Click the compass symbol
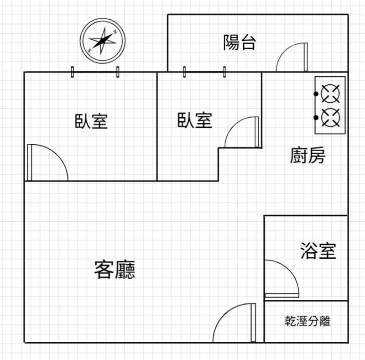pyautogui.click(x=103, y=40)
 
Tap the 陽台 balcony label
pyautogui.click(x=240, y=42)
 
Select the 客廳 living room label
pyautogui.click(x=115, y=270)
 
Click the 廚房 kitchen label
pyautogui.click(x=308, y=156)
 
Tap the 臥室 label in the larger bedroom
pyautogui.click(x=91, y=121)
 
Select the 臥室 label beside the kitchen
pyautogui.click(x=195, y=120)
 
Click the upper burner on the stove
pyautogui.click(x=330, y=94)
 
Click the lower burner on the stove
pyautogui.click(x=330, y=117)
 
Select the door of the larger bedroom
pyautogui.click(x=47, y=162)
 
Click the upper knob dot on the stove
pyautogui.click(x=316, y=94)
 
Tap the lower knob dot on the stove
pyautogui.click(x=316, y=117)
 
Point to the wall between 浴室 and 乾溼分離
pyautogui.click(x=306, y=301)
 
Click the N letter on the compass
pyautogui.click(x=116, y=32)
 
